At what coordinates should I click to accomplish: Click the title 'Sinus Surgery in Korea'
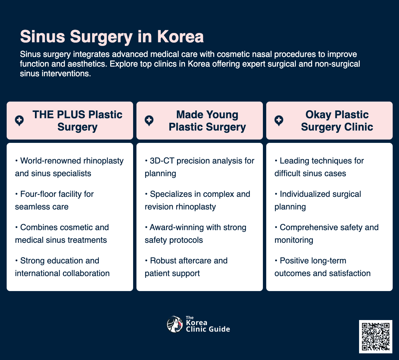click(112, 37)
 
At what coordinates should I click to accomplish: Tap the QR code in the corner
click(375, 336)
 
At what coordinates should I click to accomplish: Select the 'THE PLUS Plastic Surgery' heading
click(77, 121)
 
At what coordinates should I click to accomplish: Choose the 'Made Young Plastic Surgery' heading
click(207, 121)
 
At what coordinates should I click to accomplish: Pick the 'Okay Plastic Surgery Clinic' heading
click(337, 121)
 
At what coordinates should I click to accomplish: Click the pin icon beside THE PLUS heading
click(19, 121)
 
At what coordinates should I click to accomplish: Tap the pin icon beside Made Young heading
click(149, 121)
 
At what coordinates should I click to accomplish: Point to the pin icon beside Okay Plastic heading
click(279, 121)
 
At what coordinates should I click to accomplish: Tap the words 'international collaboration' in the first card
click(62, 273)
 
